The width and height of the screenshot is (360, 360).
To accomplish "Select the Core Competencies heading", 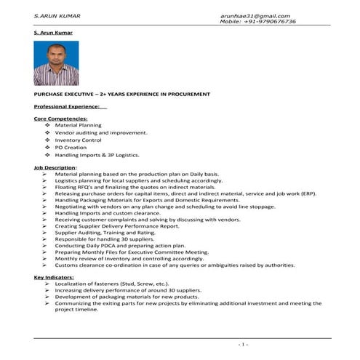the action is tap(61, 118).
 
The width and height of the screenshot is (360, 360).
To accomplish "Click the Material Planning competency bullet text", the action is tap(79, 125).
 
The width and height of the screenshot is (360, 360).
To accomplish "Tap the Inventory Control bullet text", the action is tap(79, 140).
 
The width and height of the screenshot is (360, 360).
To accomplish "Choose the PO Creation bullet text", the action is tap(71, 147).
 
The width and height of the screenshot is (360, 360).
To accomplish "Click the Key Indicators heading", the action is tap(55, 278).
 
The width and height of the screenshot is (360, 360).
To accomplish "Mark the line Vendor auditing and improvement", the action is tap(102, 132).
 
